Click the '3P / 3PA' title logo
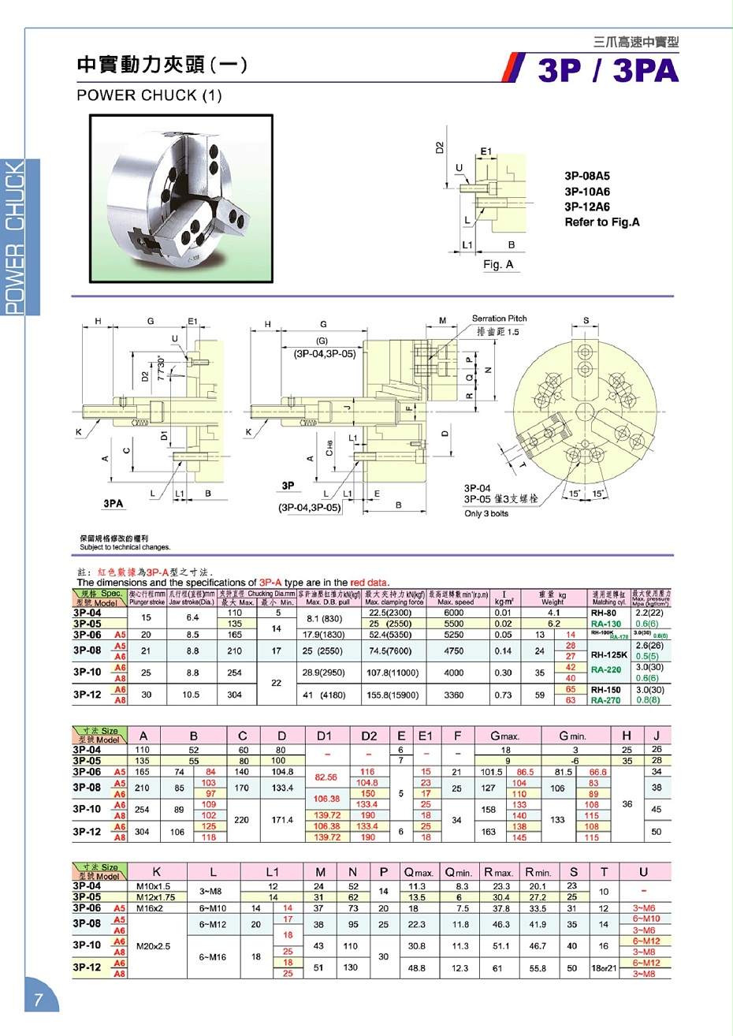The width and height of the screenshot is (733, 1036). (x=607, y=70)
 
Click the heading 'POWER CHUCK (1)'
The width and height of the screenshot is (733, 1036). (x=149, y=95)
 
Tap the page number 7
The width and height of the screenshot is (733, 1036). (x=38, y=1001)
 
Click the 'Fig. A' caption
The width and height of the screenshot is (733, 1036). (x=498, y=265)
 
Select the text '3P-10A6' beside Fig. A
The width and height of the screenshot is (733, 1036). (x=586, y=192)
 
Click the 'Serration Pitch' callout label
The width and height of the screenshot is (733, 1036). (x=499, y=319)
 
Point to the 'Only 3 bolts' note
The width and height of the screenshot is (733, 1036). (x=486, y=514)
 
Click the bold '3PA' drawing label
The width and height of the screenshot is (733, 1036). (x=113, y=503)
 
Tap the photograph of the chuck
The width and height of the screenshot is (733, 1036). (x=182, y=199)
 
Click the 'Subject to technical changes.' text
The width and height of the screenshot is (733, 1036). (x=125, y=547)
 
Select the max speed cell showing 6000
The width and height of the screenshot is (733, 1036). (x=453, y=613)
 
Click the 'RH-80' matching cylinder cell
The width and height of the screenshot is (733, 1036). (x=604, y=613)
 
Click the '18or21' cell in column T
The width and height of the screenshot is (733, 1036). (x=604, y=968)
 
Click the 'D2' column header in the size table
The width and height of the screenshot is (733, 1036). (x=369, y=736)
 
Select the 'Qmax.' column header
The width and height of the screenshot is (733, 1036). (x=419, y=872)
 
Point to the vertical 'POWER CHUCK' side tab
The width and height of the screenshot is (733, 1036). (x=15, y=237)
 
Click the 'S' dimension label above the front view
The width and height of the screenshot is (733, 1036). (x=586, y=321)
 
